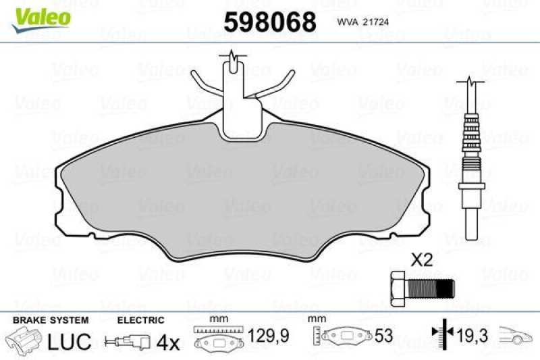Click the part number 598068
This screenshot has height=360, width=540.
(x=270, y=22)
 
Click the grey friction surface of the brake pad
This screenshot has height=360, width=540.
(x=243, y=196)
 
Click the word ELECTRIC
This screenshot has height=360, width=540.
(x=140, y=320)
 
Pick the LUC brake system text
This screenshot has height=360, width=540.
(x=70, y=342)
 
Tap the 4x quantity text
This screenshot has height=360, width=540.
(x=169, y=342)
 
